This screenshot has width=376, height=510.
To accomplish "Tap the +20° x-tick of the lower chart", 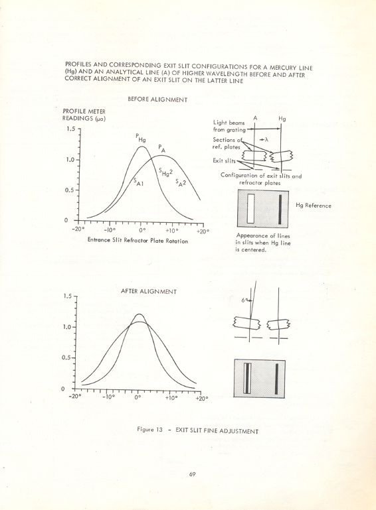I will tap(201, 399).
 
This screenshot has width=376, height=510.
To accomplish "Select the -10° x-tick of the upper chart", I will tap(109, 231).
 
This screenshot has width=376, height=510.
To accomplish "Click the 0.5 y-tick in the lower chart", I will tap(68, 357).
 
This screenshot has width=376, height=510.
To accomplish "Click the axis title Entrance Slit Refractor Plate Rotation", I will tap(137, 240).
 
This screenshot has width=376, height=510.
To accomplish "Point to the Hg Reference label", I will tap(314, 206).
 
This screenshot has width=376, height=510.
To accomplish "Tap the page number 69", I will tap(191, 474).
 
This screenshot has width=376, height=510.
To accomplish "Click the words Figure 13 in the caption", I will tap(150, 430).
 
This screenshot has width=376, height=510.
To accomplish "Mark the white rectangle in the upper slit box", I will tap(251, 208).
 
